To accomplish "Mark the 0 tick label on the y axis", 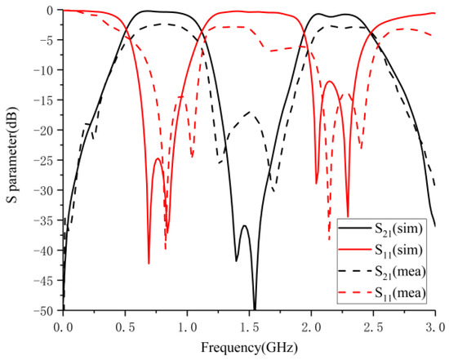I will click(x=53, y=11).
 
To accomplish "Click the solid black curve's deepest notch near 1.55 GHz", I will click(x=255, y=309).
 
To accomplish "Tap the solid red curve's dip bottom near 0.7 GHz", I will click(x=149, y=263).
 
